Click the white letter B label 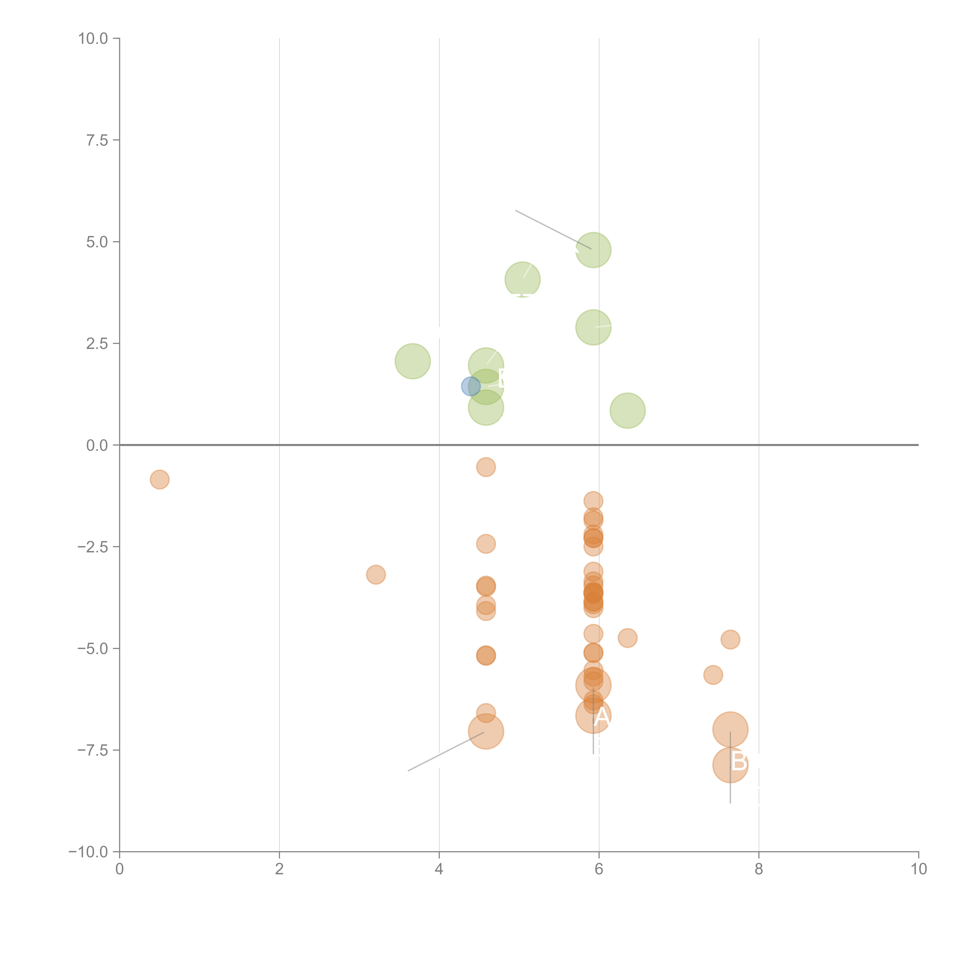tap(739, 761)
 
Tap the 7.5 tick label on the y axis tap(97, 140)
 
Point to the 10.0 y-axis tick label tap(93, 39)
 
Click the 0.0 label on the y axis tap(97, 445)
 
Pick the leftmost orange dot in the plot tap(159, 479)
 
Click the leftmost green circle tap(413, 361)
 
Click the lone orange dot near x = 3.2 tap(376, 575)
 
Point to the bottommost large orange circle tap(730, 765)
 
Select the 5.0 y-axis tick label tap(97, 242)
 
